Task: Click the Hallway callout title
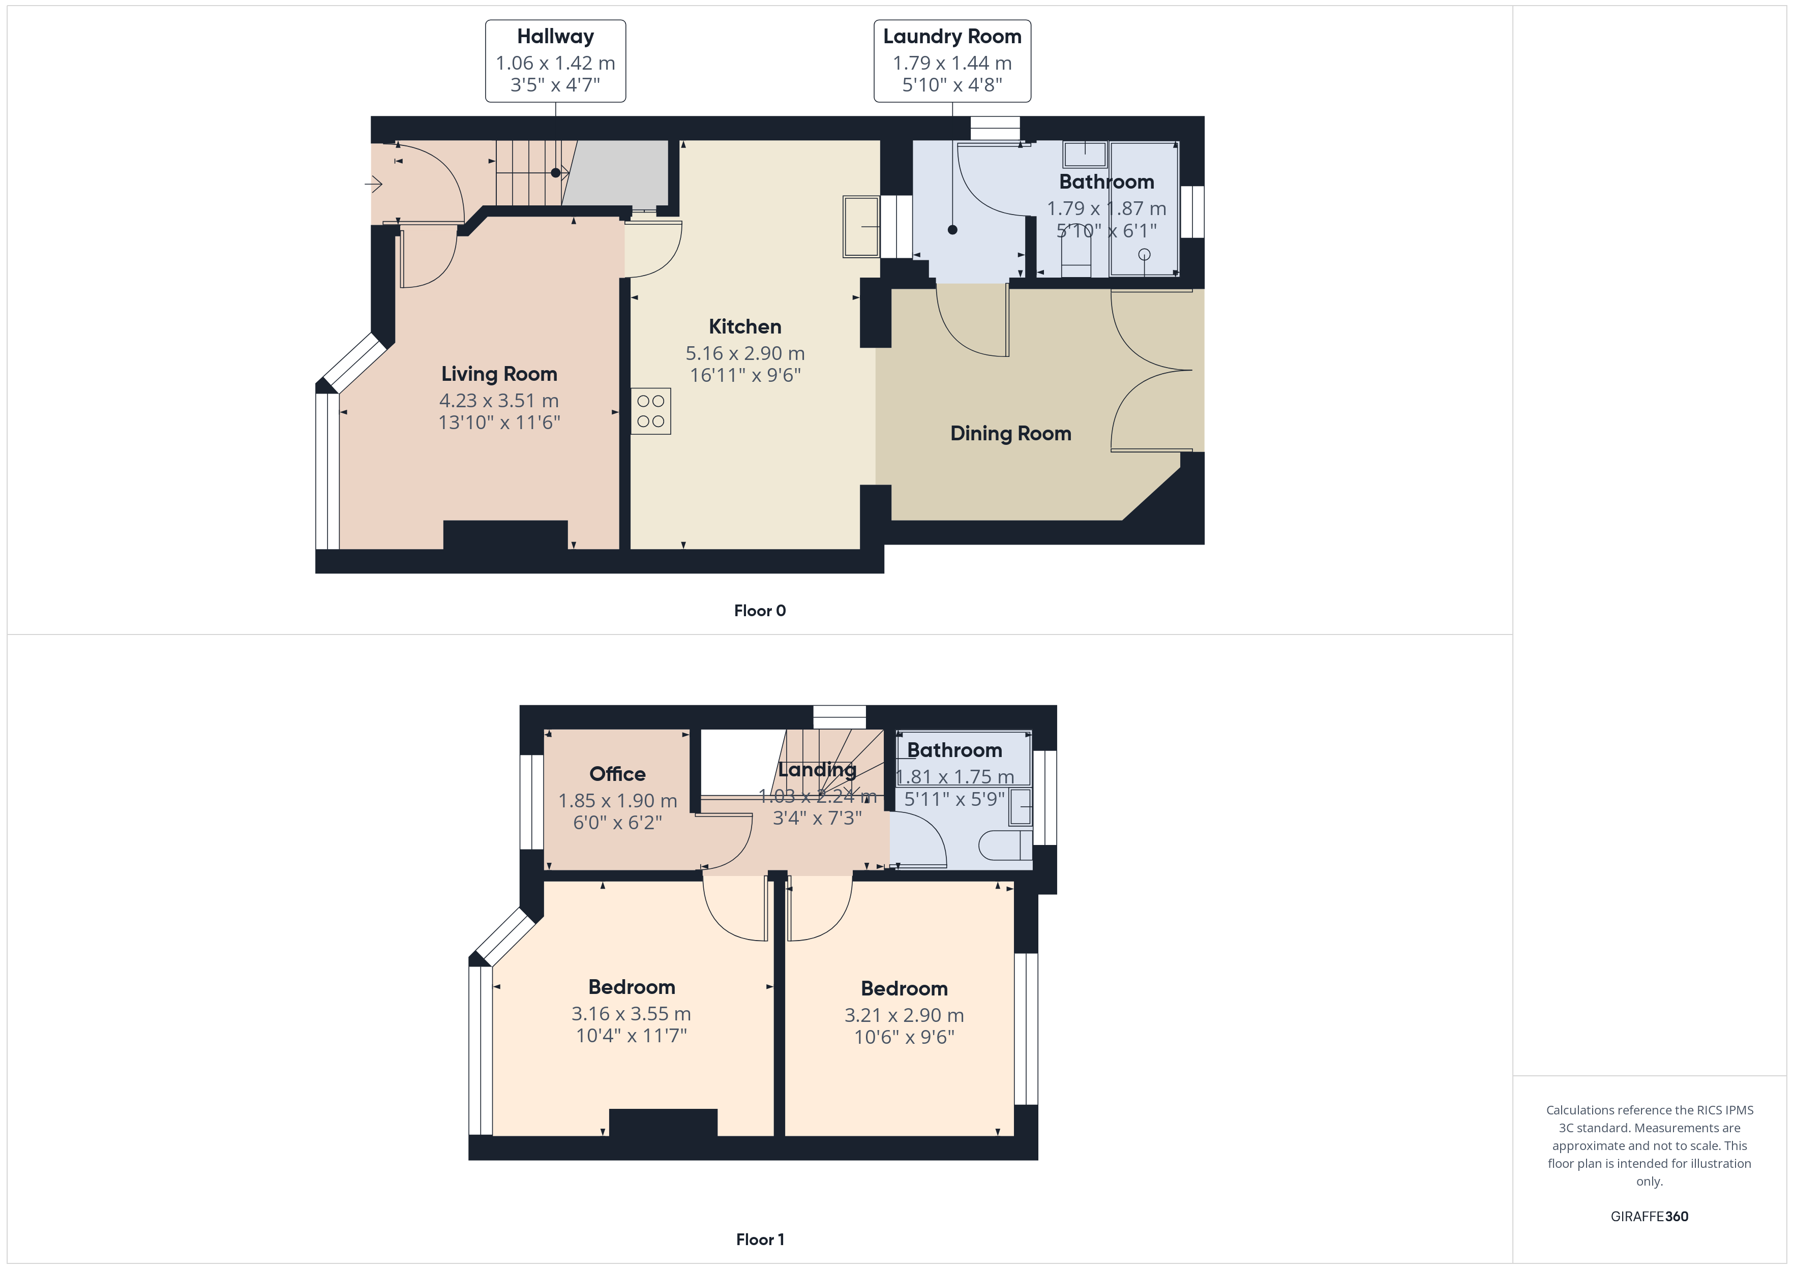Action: point(556,37)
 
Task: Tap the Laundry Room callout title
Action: point(952,37)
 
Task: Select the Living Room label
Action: point(499,374)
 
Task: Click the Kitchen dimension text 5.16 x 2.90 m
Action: point(745,353)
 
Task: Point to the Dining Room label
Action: point(1010,434)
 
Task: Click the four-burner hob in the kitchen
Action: point(651,411)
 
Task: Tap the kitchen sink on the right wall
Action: point(862,227)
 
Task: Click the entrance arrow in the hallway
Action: point(373,185)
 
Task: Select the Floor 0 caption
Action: point(760,611)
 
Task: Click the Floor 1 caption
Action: point(760,1240)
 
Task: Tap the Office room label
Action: point(617,774)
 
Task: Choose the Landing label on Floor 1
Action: point(817,770)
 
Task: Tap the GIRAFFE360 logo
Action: point(1650,1217)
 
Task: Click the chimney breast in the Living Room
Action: point(505,535)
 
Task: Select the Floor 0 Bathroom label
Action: point(1107,182)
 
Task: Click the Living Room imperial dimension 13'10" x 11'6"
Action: point(499,422)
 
